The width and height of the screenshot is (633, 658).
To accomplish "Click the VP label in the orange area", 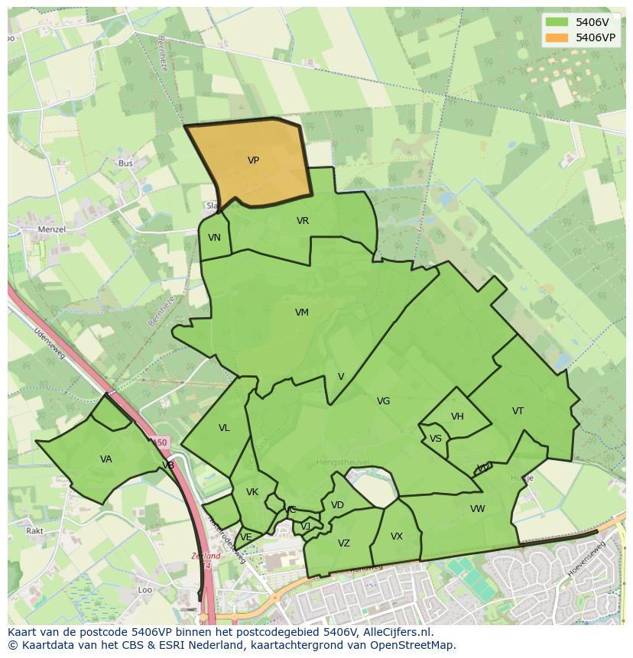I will click(253, 160).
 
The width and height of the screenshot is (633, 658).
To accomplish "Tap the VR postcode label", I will click(303, 221).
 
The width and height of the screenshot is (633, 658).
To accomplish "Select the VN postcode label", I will click(214, 238).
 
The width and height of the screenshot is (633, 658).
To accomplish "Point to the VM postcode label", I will click(302, 312).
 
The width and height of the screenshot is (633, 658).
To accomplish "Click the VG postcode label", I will click(383, 401).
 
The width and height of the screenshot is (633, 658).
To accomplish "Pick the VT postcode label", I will click(518, 411).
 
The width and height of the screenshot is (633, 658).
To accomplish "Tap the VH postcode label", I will click(457, 417).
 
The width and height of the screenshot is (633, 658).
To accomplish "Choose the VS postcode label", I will click(435, 439).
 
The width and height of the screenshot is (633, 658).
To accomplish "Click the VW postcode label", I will click(477, 509).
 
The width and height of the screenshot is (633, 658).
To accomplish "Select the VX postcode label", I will click(396, 536).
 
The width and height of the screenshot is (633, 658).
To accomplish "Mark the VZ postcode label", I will click(344, 543).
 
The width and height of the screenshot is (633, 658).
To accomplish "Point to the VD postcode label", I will click(337, 505).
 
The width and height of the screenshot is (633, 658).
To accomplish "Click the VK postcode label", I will click(252, 492).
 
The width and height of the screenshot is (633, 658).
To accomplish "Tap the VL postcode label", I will click(224, 428).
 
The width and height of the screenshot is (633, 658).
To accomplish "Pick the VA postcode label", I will click(106, 459).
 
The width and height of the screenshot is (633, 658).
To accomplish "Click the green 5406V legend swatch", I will click(557, 22).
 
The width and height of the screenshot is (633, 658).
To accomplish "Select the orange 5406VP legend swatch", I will click(557, 37).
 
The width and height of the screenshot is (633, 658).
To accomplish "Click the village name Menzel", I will click(52, 229).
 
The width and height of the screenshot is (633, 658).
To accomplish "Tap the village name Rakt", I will click(34, 530).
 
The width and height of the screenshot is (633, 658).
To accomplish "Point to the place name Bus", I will click(125, 164).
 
